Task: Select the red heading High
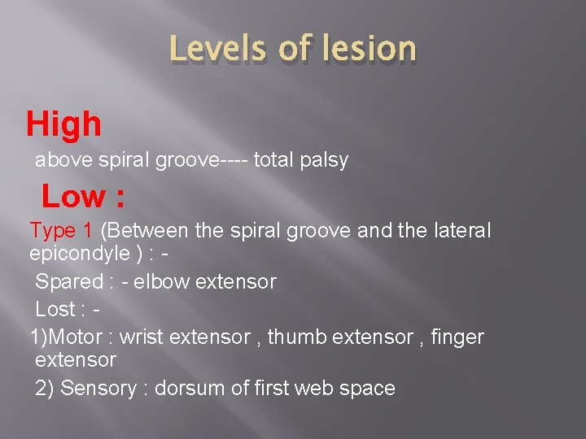(64, 124)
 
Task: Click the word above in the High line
(62, 160)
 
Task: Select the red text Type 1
(62, 231)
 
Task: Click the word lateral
(461, 231)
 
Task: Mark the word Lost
(55, 310)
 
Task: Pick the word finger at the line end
(461, 337)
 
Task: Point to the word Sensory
(98, 388)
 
